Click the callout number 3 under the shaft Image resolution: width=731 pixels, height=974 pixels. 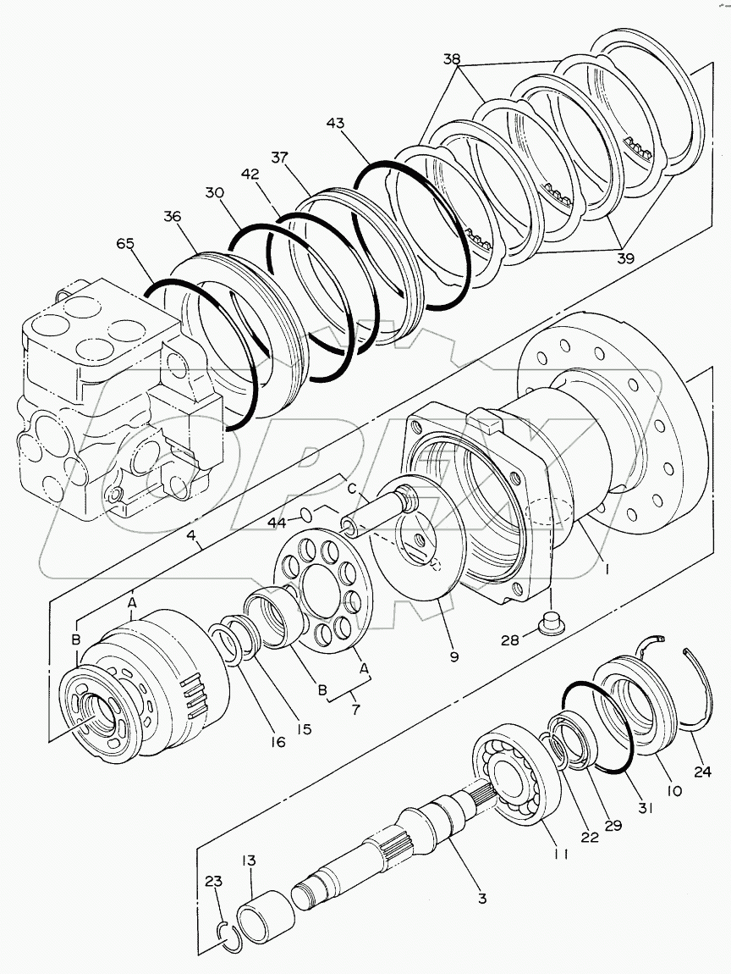[481, 899]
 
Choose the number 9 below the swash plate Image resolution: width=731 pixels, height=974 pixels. [454, 656]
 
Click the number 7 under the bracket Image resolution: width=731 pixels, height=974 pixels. [355, 710]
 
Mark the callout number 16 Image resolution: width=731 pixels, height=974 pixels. [278, 741]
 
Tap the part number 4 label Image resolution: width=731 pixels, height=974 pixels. [193, 535]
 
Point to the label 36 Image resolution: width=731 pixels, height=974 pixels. [173, 217]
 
